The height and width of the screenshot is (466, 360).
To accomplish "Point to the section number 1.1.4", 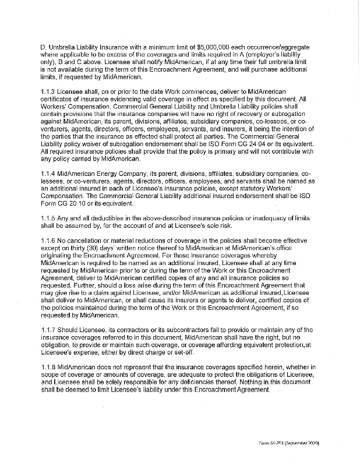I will tap(50, 174).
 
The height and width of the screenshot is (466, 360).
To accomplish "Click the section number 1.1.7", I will tap(50, 330).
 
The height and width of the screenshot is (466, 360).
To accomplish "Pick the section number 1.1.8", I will tap(50, 365).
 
